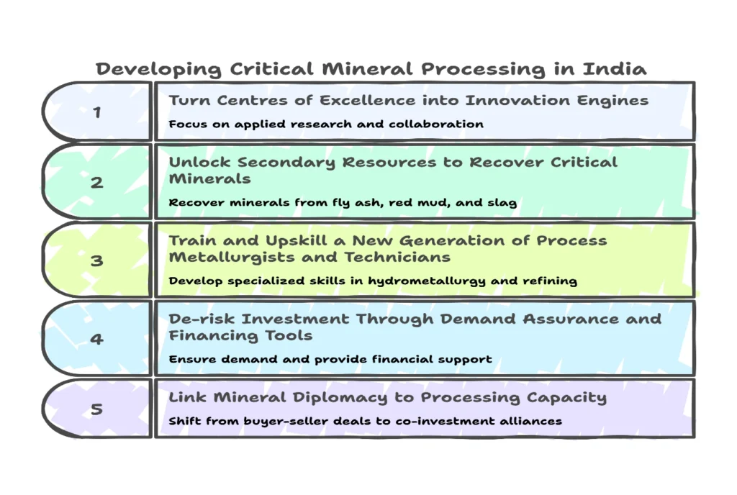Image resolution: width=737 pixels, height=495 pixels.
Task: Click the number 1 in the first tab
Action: [96, 112]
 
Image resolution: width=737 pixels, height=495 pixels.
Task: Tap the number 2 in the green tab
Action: [96, 182]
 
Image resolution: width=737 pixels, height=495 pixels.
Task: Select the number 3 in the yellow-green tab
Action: [96, 260]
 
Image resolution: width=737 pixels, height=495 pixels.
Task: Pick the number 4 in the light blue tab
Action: [96, 338]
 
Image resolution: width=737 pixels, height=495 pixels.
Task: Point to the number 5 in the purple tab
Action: [96, 409]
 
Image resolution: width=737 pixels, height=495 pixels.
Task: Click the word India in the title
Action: [615, 69]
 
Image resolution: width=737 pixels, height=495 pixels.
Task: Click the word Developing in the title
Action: [158, 69]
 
